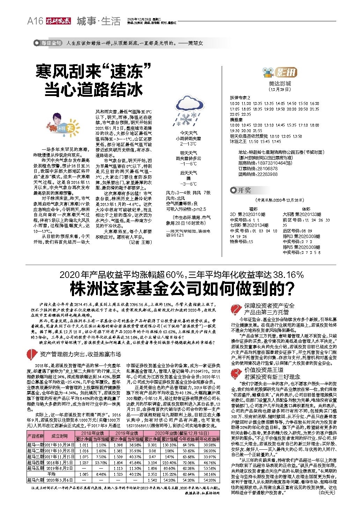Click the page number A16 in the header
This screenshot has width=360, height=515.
tap(35, 21)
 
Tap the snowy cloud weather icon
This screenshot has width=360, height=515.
tap(189, 110)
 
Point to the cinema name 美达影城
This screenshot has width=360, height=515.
tap(280, 84)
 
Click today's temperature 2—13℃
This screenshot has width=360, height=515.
tap(188, 144)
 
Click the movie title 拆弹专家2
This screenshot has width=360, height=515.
tap(240, 98)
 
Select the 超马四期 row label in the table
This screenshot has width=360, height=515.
tap(35, 463)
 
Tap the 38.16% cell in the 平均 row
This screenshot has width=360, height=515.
tap(210, 474)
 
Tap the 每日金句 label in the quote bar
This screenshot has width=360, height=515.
tap(49, 43)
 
